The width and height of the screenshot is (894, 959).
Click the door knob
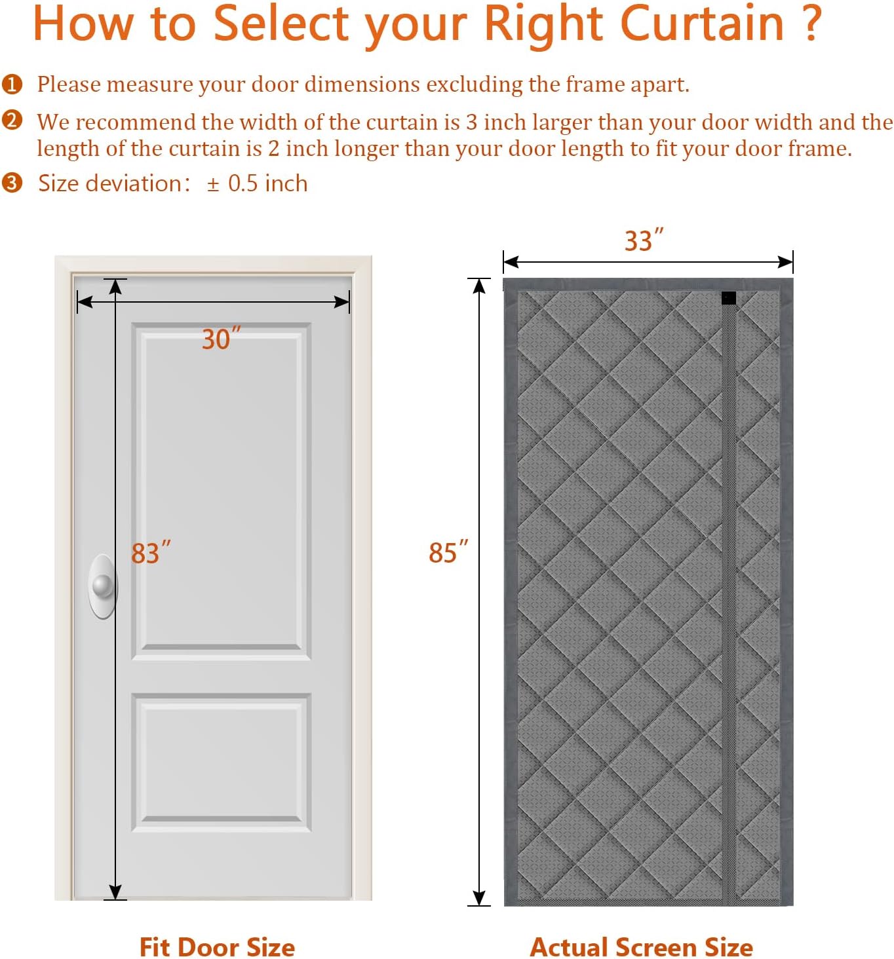(x=103, y=586)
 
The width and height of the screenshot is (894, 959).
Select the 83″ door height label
(x=151, y=552)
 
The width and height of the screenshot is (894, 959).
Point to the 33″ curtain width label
(x=644, y=240)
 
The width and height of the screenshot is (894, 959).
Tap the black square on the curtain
(x=728, y=298)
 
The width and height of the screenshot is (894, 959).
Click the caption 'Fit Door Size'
(x=217, y=947)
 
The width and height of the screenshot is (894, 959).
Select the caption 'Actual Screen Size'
(x=641, y=947)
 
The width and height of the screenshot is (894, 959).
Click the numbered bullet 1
(x=12, y=84)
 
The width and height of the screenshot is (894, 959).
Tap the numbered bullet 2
(x=12, y=121)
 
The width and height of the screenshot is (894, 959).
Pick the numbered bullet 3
(x=12, y=183)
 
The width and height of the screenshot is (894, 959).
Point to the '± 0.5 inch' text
(x=257, y=183)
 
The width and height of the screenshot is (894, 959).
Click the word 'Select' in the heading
(x=281, y=23)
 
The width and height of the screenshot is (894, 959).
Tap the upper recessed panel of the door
(x=221, y=491)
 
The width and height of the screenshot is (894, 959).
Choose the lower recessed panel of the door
(x=221, y=762)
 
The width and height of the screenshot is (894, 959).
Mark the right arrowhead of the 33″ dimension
(x=785, y=262)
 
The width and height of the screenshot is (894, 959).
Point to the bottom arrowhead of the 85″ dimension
(x=478, y=897)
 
